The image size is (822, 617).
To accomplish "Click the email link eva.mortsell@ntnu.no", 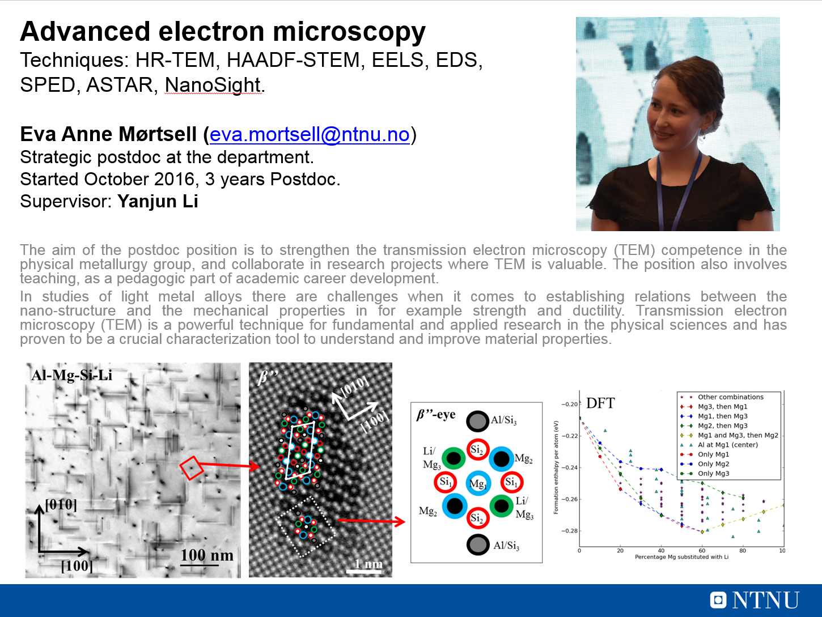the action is tap(310, 134).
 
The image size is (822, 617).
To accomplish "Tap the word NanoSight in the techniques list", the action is tap(213, 85).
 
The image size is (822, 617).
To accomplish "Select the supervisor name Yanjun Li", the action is tap(158, 201).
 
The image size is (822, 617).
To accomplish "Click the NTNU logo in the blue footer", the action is tap(755, 600).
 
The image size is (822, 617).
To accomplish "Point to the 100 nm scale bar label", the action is tap(207, 555).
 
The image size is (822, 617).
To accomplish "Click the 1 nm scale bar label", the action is tap(368, 564).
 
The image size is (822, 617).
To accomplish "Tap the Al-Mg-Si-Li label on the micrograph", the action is tap(72, 375).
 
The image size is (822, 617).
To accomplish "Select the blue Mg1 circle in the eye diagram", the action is tap(478, 483).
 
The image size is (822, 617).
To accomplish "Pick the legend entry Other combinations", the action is tap(730, 397).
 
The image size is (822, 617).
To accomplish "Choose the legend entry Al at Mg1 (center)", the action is tap(728, 445).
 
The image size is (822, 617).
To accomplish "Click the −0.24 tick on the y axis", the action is tap(570, 468).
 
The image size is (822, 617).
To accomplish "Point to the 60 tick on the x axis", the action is tap(702, 551).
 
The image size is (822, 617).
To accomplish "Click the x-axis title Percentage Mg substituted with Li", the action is tap(681, 557).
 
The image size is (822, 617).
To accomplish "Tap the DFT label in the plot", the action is tap(600, 403).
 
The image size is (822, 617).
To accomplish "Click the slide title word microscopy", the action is tap(349, 31).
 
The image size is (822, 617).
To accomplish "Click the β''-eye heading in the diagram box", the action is tap(436, 415).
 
